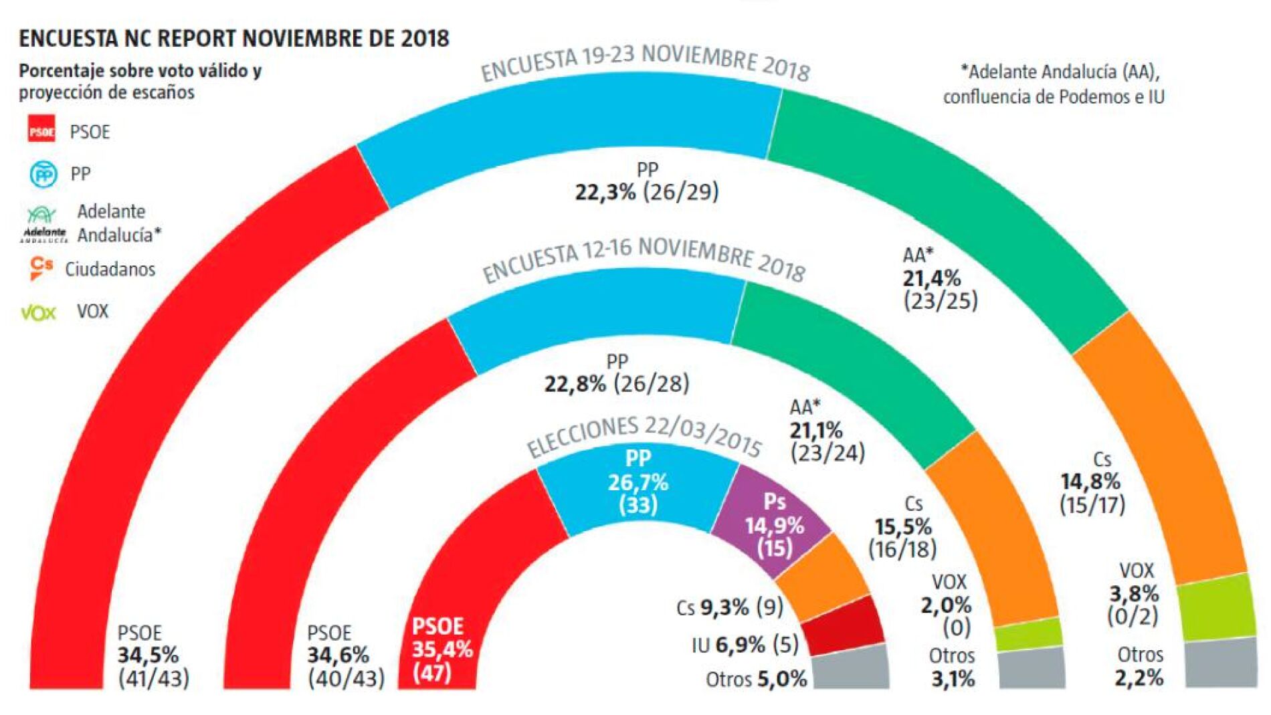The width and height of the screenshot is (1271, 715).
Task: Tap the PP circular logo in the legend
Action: (44, 175)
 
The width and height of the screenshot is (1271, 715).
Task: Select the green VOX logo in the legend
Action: (39, 312)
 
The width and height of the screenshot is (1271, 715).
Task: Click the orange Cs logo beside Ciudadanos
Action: (41, 268)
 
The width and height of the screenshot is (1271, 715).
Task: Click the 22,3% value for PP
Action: (605, 193)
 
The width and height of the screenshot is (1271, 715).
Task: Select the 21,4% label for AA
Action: (931, 278)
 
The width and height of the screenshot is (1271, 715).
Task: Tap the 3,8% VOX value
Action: (1134, 593)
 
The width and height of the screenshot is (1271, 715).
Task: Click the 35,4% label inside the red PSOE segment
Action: (442, 649)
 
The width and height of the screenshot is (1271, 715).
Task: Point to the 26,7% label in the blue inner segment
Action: (638, 482)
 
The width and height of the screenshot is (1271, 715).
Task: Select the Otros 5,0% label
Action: (756, 680)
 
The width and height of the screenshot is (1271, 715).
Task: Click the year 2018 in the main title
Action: (425, 38)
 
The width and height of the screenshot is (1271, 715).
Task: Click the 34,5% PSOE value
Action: (148, 655)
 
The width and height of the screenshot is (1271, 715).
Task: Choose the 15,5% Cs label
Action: (903, 527)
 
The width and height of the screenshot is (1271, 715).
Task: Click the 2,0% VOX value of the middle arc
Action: (945, 605)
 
